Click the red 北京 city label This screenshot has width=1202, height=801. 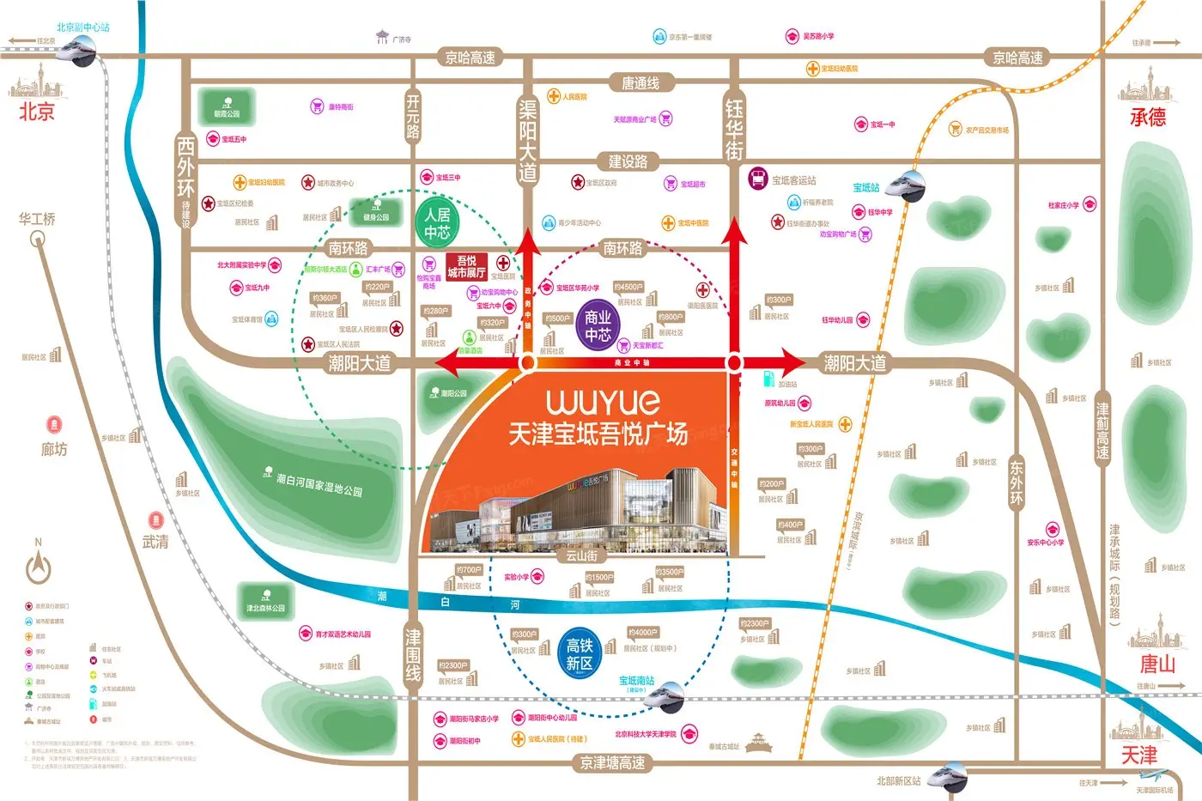pos(37,112)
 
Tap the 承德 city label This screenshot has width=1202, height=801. pos(1148,117)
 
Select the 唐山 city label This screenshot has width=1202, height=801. pos(1156,664)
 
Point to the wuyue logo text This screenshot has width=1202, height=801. pos(603,402)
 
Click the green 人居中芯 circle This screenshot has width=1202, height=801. pos(437,223)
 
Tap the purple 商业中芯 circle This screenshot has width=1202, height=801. pos(598,326)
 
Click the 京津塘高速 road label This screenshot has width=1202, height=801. pos(612,762)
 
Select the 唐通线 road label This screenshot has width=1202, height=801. pos(640,83)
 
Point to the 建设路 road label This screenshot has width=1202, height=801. pos(628,161)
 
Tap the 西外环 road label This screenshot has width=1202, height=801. pos(185,167)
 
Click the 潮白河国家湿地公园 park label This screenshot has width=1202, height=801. pos(319,485)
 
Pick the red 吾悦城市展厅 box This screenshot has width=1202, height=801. pos(466,266)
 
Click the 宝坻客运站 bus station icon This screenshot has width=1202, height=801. pos(757,179)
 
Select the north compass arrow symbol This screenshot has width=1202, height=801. pos(39,567)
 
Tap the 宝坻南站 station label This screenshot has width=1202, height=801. pos(636,681)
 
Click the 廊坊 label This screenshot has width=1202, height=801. pos(54,449)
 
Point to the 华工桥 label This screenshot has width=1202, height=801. pos(37,220)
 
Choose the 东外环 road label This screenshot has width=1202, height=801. pos(1016,482)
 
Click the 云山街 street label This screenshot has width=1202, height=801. pos(581,556)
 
